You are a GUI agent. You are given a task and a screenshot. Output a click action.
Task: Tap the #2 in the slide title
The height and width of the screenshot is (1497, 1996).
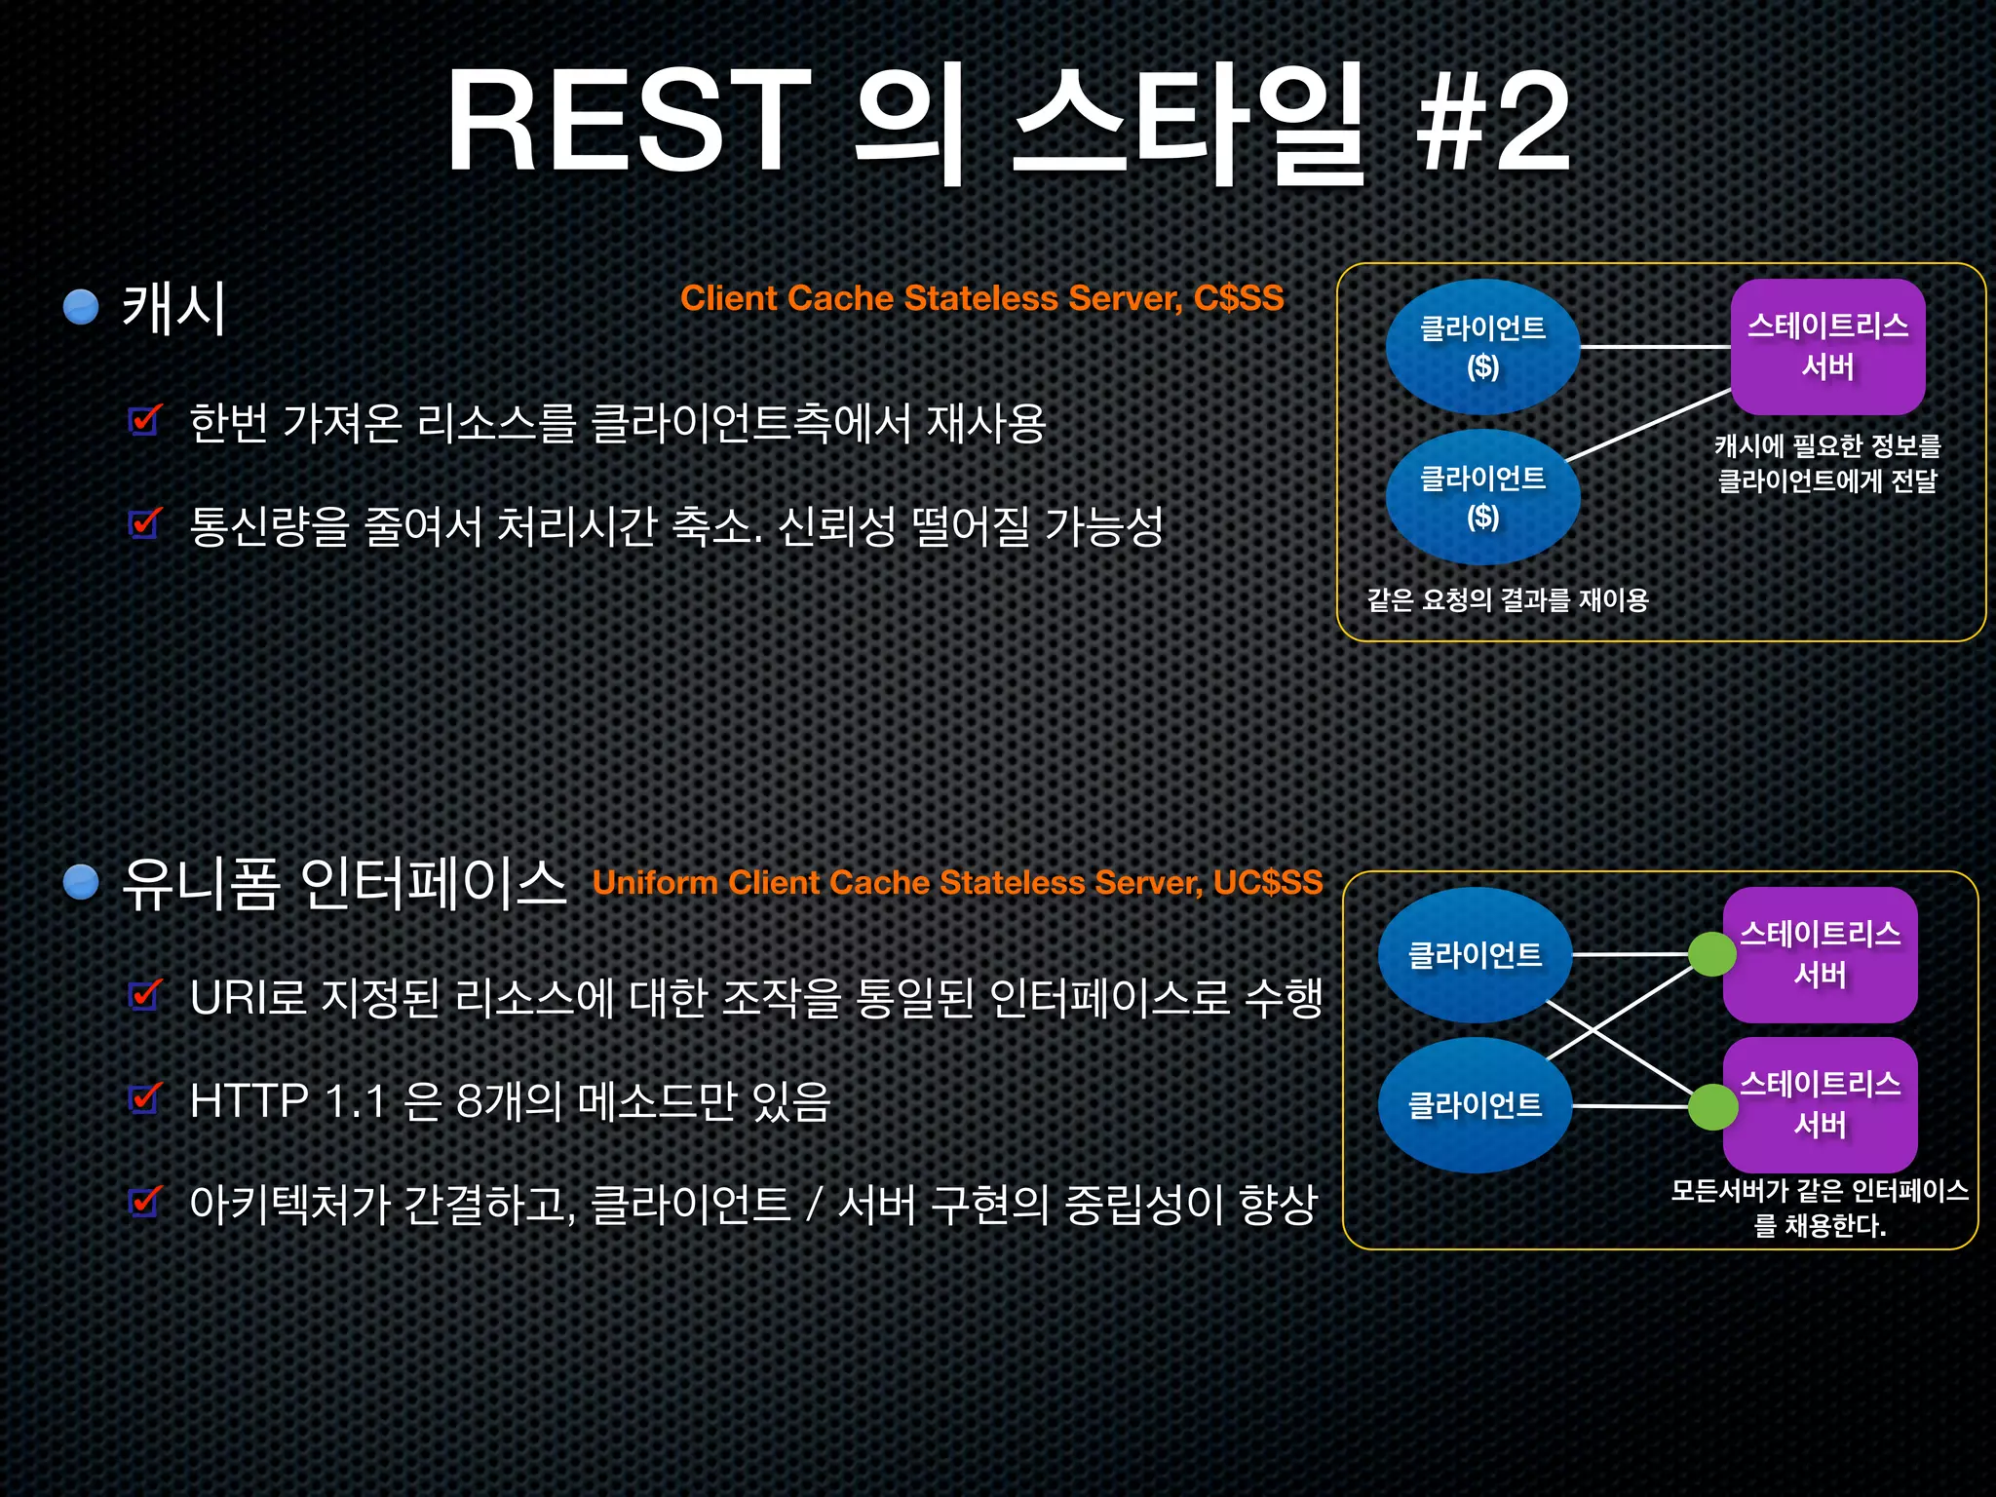1492,122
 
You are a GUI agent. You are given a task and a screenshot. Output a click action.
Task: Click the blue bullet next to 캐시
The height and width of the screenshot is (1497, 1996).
81,306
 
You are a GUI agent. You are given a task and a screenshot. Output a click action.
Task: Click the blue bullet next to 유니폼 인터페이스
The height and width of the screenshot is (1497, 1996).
81,881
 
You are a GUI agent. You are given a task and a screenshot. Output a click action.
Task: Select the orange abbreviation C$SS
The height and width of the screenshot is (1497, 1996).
1239,298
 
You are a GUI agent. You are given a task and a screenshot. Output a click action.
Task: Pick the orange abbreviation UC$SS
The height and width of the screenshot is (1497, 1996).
1268,882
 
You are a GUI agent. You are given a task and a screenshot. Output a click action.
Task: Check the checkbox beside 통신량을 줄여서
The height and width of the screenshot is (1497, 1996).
145,523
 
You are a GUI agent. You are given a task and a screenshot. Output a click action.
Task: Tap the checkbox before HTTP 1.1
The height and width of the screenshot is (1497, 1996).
145,1098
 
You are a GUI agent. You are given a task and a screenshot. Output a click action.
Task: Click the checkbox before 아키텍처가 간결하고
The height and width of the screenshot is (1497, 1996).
145,1202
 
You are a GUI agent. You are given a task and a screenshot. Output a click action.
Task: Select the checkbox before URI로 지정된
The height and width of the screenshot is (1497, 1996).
145,995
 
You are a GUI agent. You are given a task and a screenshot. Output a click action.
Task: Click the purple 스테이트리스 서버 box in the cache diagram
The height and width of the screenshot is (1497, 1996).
1827,346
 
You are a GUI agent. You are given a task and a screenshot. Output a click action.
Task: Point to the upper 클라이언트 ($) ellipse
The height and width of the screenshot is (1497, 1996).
1482,346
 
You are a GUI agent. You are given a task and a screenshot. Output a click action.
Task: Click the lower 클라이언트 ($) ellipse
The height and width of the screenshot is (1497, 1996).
1482,496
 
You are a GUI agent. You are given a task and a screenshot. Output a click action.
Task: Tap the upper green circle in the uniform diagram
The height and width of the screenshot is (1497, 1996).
1711,954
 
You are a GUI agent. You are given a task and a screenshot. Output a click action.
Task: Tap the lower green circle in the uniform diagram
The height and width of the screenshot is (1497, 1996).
1711,1107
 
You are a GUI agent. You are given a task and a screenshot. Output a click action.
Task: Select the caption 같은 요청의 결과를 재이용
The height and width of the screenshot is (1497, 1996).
1507,599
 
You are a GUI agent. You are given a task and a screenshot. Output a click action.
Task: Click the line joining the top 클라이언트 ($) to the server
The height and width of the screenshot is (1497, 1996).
1655,346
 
